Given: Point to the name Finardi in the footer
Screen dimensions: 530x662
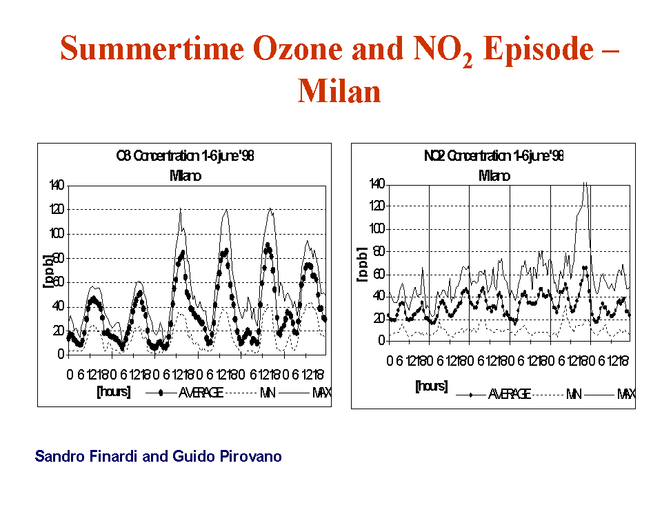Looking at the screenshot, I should [x=112, y=457].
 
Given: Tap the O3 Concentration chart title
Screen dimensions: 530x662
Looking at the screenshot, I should [x=185, y=157].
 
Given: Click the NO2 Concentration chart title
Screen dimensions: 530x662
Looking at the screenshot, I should [x=494, y=156].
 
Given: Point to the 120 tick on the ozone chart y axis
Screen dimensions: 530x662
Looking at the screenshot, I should [x=56, y=209].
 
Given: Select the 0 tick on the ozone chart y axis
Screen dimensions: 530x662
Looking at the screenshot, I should [x=61, y=354].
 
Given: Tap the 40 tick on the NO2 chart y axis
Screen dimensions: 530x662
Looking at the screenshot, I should [x=378, y=295].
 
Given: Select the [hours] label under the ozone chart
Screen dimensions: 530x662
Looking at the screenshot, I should [x=114, y=392].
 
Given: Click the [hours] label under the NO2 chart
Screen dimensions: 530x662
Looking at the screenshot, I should [x=431, y=386].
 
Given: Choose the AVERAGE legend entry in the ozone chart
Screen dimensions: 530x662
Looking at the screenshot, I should [x=201, y=393].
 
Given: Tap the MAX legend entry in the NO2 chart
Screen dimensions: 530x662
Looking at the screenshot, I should [x=625, y=394].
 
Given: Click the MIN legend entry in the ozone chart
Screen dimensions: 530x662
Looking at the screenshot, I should [x=268, y=393].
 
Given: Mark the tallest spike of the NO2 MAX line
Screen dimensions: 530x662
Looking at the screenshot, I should [x=585, y=184].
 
